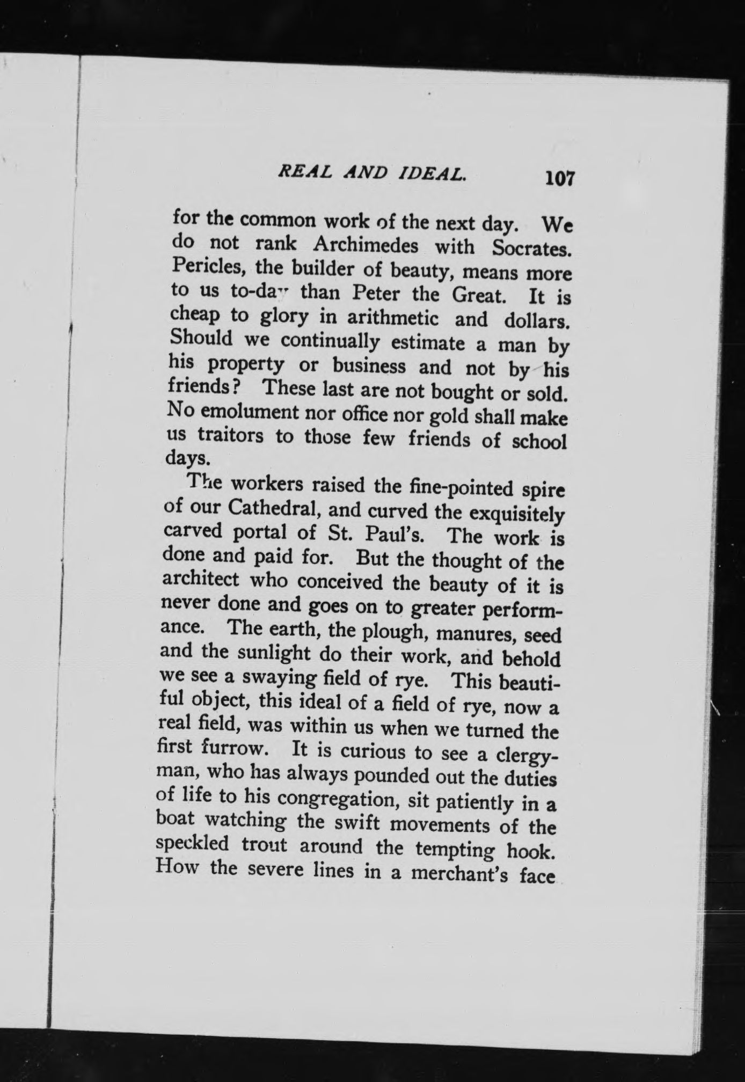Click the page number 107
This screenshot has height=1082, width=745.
click(559, 178)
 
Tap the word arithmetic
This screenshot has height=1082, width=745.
click(393, 318)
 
